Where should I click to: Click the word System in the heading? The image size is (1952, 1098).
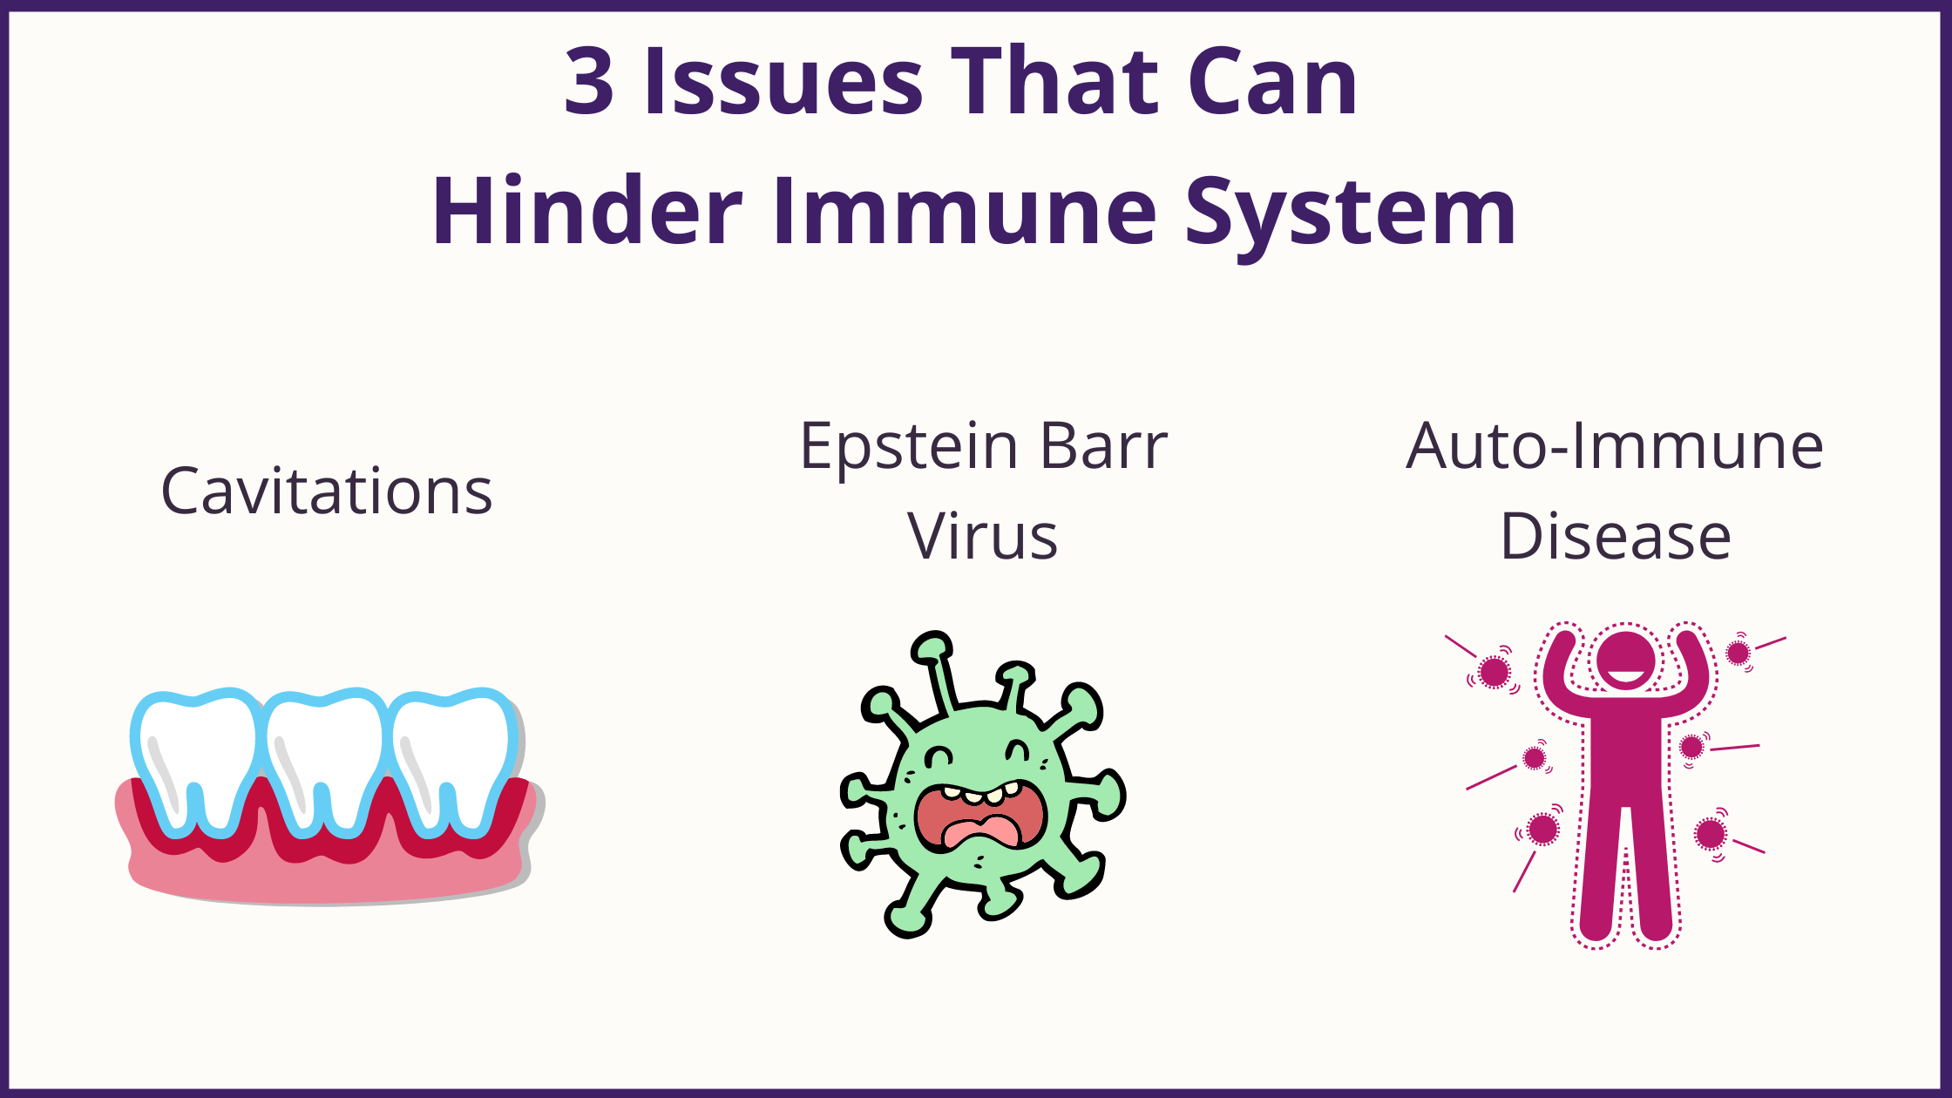pyautogui.click(x=1351, y=218)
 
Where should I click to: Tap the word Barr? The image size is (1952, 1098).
pyautogui.click(x=1104, y=445)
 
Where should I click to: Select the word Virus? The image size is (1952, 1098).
pyautogui.click(x=983, y=536)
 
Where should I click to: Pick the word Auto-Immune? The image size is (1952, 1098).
pyautogui.click(x=1615, y=445)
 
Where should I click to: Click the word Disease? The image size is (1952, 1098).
pyautogui.click(x=1616, y=536)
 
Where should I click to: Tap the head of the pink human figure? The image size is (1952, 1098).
pyautogui.click(x=1625, y=661)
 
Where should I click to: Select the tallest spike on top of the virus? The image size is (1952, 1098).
pyautogui.click(x=938, y=671)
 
